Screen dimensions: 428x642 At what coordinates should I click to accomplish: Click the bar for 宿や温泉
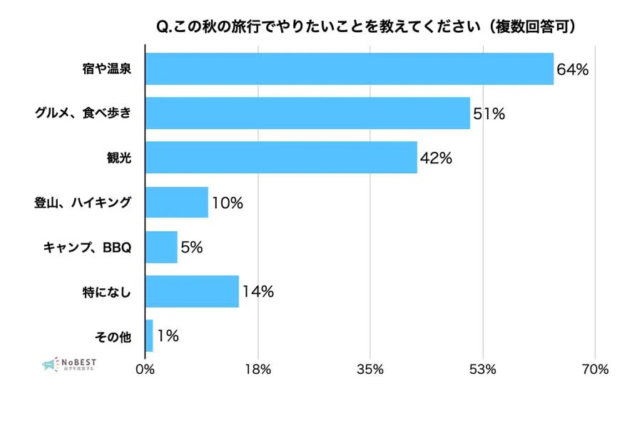[350, 69]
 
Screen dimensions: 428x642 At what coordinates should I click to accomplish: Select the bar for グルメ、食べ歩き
[307, 113]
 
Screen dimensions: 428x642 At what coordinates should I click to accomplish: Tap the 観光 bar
[281, 158]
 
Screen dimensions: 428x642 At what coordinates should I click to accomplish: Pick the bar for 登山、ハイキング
[177, 202]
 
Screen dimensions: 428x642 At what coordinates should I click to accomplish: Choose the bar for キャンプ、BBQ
[161, 247]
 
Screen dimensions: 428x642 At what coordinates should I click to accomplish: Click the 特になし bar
[192, 291]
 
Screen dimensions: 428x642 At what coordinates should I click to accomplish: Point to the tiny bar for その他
[149, 335]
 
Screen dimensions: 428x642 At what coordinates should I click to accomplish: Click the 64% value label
[573, 70]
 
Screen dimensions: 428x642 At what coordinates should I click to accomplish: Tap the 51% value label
[489, 114]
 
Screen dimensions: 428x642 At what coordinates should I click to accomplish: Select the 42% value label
[436, 158]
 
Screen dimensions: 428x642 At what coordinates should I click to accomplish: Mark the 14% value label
[258, 292]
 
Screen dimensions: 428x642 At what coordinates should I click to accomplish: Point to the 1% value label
[168, 336]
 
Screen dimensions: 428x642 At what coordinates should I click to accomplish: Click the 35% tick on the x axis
[370, 370]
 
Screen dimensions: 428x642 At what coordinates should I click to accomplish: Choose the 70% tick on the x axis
[595, 370]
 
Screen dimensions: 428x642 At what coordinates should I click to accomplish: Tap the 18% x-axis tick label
[257, 370]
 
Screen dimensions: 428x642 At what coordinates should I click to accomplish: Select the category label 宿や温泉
[107, 70]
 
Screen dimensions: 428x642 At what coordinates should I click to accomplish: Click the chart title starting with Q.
[366, 26]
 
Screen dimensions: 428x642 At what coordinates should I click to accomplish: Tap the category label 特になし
[107, 292]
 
